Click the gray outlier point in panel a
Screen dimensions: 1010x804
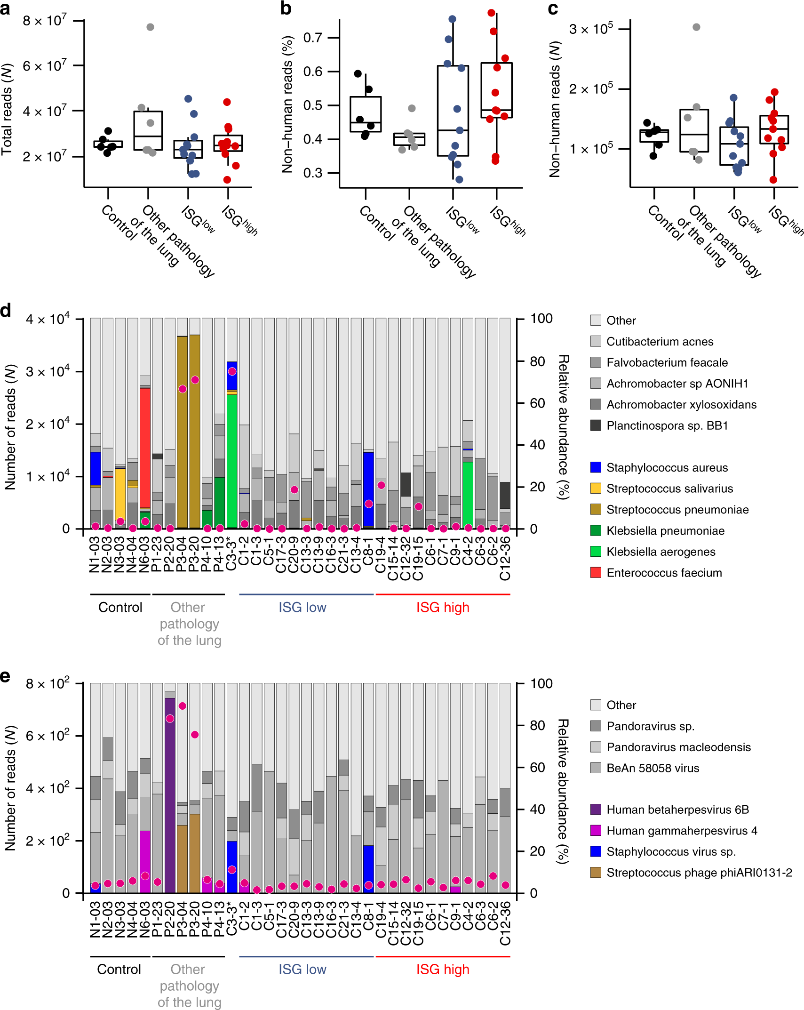(x=150, y=27)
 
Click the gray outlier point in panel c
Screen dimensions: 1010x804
(x=696, y=27)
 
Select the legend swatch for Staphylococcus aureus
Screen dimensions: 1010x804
(x=596, y=467)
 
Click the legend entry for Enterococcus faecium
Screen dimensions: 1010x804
(x=664, y=573)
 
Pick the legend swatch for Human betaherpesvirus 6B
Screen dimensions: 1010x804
(x=596, y=810)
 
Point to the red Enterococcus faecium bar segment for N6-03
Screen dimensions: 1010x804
(x=145, y=447)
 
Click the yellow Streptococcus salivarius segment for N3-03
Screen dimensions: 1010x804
(x=120, y=494)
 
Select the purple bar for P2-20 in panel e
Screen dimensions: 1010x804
(x=170, y=800)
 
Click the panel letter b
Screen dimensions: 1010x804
(x=286, y=8)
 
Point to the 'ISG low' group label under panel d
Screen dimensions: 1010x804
(x=302, y=607)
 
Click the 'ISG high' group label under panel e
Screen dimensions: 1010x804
(x=442, y=970)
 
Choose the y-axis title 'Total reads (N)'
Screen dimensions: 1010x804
(x=7, y=109)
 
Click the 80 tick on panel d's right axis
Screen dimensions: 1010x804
(x=537, y=361)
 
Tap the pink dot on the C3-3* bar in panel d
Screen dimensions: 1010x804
(x=232, y=371)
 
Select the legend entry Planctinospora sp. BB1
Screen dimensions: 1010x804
(x=667, y=425)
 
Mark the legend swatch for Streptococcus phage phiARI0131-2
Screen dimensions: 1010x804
(x=596, y=873)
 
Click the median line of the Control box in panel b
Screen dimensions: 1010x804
(x=366, y=122)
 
